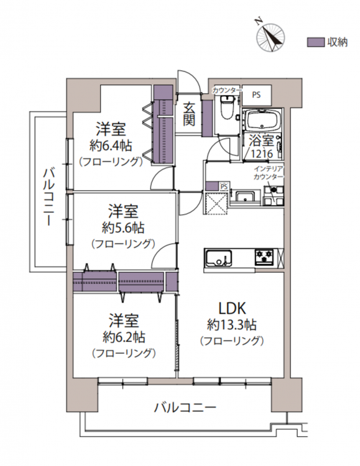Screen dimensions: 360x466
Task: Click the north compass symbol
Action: tap(270, 37)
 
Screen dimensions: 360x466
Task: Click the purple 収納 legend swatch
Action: tap(316, 42)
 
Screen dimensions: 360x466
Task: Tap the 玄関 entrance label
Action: tap(189, 114)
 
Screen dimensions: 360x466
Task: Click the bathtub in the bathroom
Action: tap(262, 121)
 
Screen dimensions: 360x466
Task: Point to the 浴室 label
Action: tap(261, 140)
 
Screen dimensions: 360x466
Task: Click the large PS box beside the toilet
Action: tap(256, 95)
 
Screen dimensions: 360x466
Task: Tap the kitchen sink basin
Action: tap(219, 257)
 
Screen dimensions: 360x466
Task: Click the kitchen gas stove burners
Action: tap(264, 257)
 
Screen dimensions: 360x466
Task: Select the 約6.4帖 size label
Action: tap(111, 145)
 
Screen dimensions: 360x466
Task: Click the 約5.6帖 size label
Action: tap(123, 227)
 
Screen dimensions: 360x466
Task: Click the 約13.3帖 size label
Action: tap(232, 325)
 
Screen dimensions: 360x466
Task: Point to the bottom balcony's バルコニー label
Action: tap(185, 408)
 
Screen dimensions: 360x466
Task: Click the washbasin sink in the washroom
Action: tap(245, 196)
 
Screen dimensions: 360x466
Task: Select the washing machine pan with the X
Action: tap(216, 203)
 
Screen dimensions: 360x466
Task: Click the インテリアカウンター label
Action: tap(269, 173)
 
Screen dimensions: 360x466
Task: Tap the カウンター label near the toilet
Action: tap(226, 90)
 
